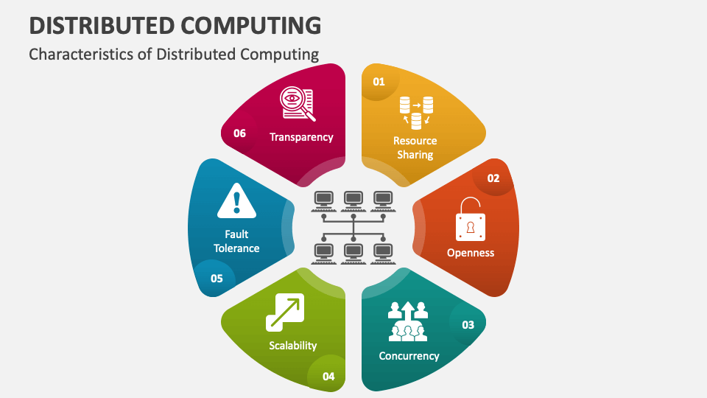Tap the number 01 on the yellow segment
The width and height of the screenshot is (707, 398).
[379, 82]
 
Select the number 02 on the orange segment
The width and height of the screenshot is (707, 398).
[493, 178]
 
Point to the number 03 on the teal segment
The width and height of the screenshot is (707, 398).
[468, 325]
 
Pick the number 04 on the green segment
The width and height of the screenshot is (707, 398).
[328, 377]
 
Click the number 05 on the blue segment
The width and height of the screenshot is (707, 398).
[217, 279]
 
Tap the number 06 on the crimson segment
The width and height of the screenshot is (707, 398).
[239, 133]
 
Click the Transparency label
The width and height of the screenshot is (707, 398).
[301, 137]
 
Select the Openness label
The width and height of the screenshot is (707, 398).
[471, 253]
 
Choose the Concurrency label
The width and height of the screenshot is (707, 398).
[409, 356]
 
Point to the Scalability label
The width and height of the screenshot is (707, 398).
[293, 346]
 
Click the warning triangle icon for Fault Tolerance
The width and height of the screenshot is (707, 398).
[236, 200]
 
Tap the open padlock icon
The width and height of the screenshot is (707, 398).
[471, 220]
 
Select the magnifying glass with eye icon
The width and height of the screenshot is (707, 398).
[297, 104]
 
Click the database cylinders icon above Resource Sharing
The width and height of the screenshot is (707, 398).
[416, 113]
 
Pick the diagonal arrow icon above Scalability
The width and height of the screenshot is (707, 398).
[285, 313]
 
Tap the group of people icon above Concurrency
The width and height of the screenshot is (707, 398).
[408, 321]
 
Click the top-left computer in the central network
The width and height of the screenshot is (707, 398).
[324, 201]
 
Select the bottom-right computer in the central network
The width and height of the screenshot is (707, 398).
[383, 254]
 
